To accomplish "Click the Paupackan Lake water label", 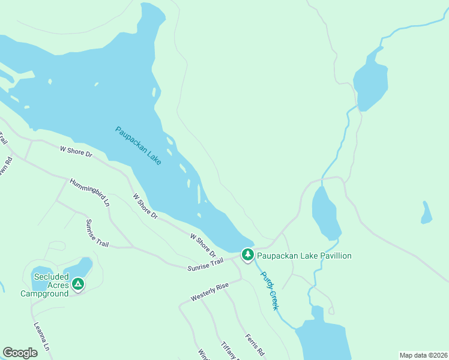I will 138,146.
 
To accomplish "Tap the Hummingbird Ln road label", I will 89,193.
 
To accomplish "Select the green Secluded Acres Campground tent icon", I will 77,284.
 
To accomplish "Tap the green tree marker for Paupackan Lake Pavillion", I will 247,255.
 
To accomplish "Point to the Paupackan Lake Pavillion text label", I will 304,256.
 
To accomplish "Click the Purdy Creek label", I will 270,290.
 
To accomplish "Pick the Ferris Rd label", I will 255,344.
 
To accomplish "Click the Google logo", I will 20,353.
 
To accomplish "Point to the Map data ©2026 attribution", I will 423,355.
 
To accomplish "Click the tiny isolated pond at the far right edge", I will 426,212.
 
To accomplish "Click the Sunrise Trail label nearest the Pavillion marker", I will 205,262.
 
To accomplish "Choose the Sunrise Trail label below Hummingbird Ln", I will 98,232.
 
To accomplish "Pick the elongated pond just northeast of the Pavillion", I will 325,213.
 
